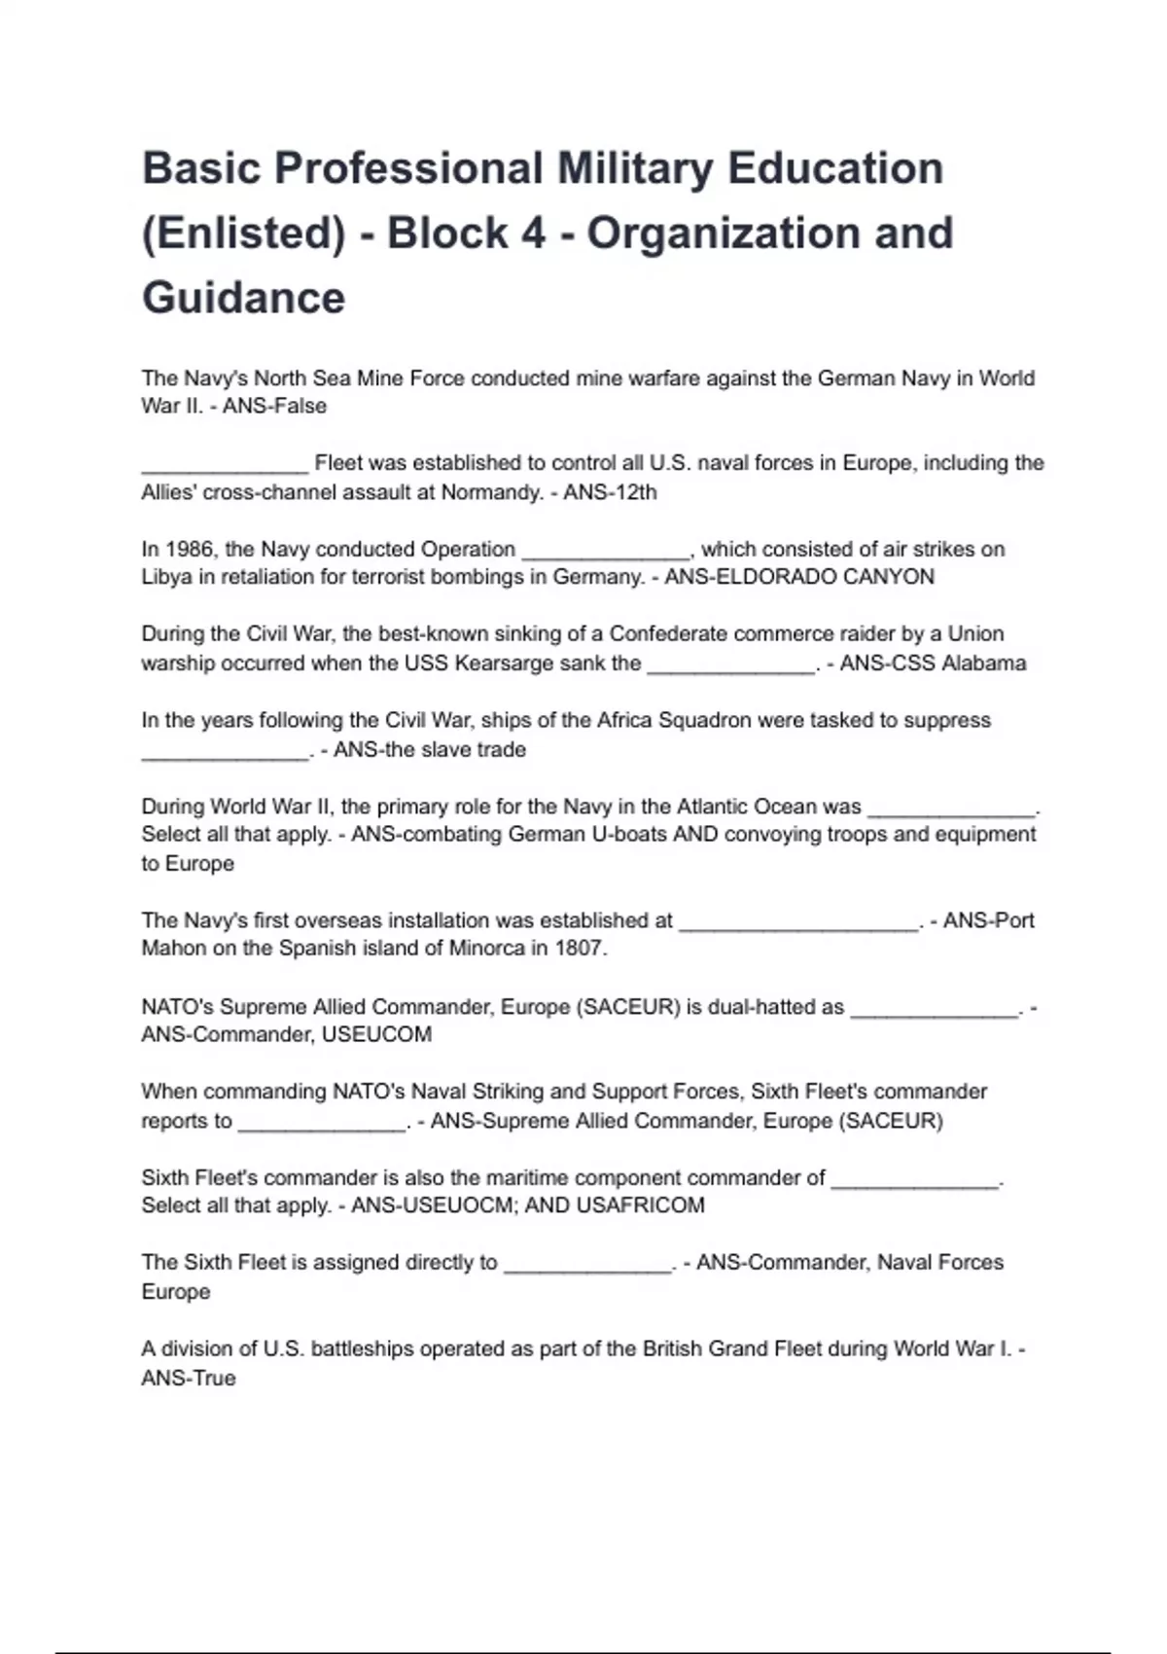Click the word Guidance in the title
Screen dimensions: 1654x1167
tap(243, 298)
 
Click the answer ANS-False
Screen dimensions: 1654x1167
tap(274, 407)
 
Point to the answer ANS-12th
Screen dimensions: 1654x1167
tap(610, 492)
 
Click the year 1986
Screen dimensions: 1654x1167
tap(192, 550)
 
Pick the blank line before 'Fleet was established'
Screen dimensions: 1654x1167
tap(225, 464)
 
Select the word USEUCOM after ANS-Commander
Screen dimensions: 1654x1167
tap(376, 1034)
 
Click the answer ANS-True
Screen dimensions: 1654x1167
tap(189, 1379)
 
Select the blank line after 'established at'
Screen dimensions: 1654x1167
tap(798, 921)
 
